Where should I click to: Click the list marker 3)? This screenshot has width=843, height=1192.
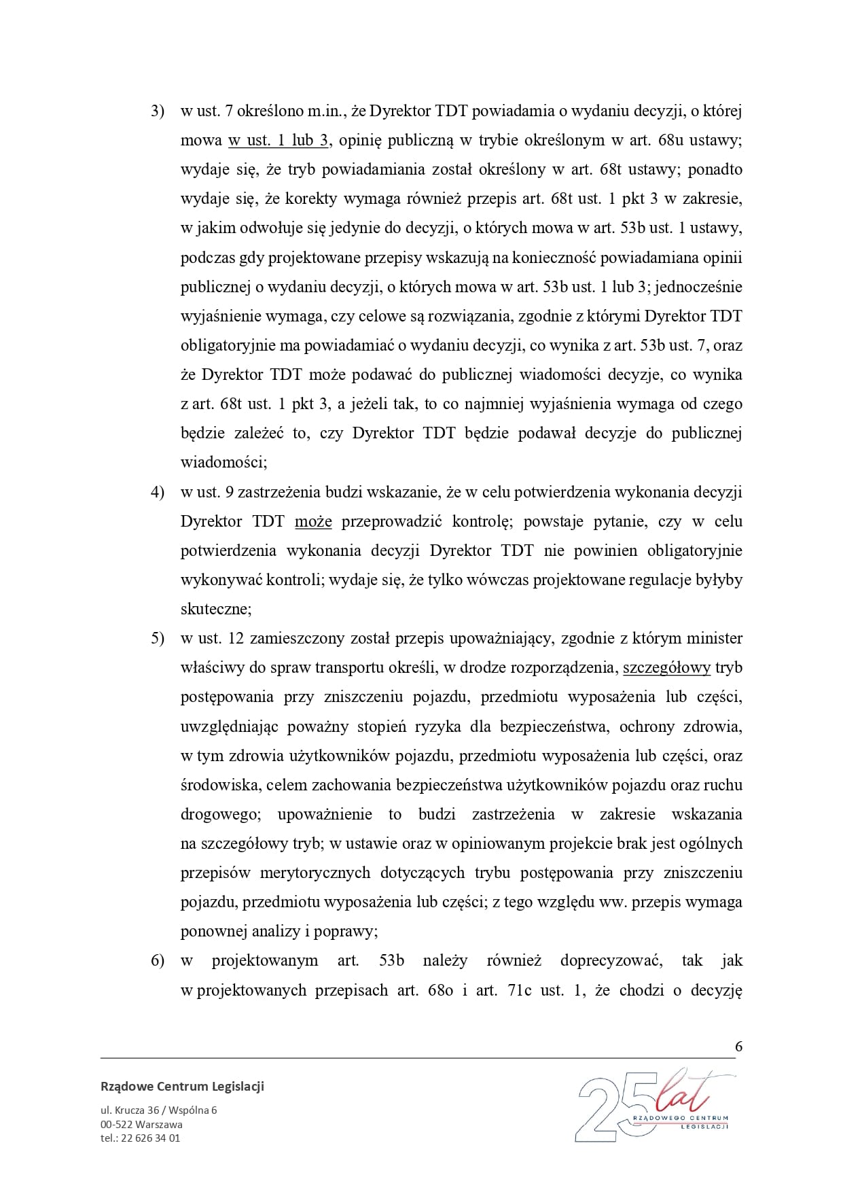(x=157, y=111)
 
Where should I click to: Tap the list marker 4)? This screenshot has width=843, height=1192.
(x=157, y=492)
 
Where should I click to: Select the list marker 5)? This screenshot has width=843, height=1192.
(x=157, y=638)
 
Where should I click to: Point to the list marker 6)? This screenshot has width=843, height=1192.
(x=157, y=960)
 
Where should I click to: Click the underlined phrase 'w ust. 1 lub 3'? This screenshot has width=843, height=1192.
(x=279, y=141)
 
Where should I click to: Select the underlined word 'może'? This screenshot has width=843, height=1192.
(x=313, y=521)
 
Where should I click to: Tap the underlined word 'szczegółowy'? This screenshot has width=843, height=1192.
(x=666, y=667)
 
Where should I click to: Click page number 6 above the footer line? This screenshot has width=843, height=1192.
(x=738, y=1046)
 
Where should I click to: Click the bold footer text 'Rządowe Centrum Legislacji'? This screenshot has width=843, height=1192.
(x=182, y=1086)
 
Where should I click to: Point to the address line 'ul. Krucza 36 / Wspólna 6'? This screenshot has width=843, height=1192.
(x=158, y=1110)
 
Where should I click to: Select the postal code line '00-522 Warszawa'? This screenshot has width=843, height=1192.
(x=141, y=1124)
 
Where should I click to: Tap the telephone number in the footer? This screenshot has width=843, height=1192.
(x=140, y=1138)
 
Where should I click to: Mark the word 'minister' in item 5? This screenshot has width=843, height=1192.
(x=715, y=638)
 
